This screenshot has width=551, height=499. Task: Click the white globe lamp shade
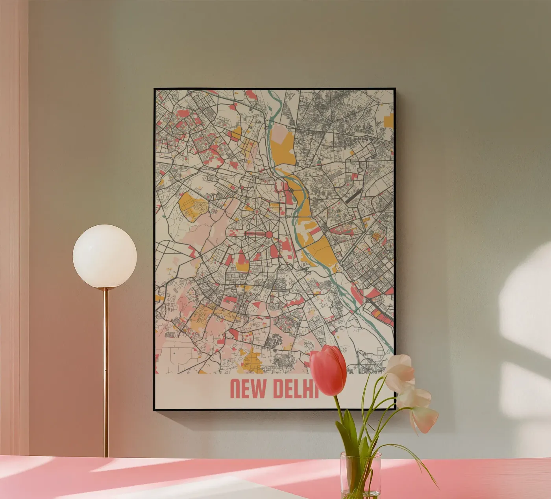(x=105, y=256)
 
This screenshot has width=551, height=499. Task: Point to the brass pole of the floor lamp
(x=105, y=374)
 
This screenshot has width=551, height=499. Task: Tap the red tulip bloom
(x=328, y=370)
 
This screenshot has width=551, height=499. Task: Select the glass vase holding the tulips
(x=360, y=475)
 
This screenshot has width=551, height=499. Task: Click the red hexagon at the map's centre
(x=269, y=234)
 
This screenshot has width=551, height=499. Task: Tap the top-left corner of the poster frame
(x=155, y=89)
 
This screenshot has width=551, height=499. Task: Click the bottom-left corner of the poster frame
(x=155, y=409)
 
